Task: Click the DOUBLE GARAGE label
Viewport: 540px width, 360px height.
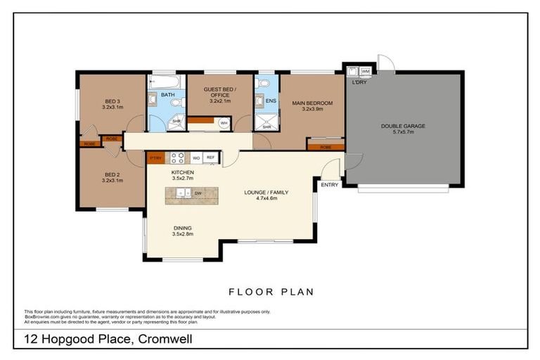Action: coord(403,126)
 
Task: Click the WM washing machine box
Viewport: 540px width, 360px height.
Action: coord(366,71)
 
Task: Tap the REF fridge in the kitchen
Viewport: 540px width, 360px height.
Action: coord(210,158)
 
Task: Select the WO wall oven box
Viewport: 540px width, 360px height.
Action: coord(195,158)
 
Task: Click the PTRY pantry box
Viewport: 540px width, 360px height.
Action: coord(155,158)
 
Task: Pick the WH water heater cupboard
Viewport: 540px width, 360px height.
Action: coord(224,123)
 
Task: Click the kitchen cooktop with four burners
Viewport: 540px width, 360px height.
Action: coord(177,158)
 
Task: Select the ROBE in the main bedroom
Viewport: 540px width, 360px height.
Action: coord(325,146)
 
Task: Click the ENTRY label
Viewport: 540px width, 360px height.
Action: coord(330,185)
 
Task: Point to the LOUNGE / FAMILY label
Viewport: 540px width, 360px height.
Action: coord(266,192)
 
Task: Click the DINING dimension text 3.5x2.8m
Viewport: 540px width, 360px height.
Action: coord(182,234)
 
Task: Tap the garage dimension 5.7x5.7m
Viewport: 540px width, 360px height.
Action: coord(403,133)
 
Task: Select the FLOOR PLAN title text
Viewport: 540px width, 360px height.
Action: coord(271,291)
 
